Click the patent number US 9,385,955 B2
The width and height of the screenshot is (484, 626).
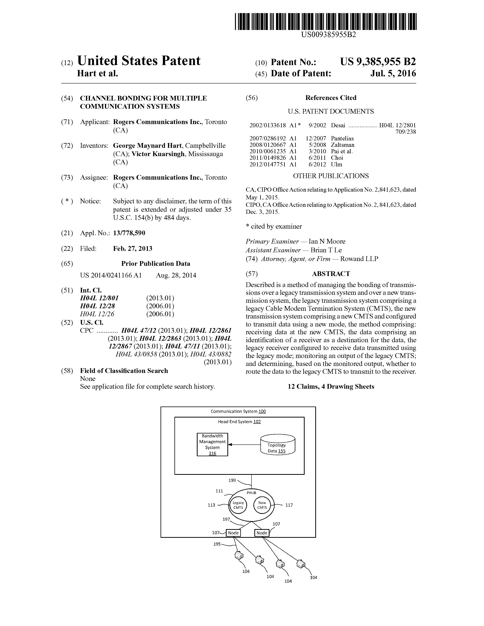[378, 62]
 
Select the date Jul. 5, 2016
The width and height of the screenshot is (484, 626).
[393, 73]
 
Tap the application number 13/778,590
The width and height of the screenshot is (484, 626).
[129, 233]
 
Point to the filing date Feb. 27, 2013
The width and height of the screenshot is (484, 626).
[132, 249]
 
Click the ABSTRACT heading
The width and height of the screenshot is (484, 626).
[331, 274]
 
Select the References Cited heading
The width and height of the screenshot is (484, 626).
[331, 98]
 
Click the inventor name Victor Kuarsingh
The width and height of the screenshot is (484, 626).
[158, 154]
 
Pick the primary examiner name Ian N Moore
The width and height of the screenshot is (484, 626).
[327, 241]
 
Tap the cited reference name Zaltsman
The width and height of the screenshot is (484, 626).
[342, 145]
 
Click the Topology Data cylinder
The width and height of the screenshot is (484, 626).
[277, 445]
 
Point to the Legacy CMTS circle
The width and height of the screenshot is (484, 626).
[238, 505]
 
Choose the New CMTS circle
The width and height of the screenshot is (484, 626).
[262, 505]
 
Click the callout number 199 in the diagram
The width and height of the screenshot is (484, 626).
[232, 480]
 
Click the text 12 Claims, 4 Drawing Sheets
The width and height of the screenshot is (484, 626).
[331, 387]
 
